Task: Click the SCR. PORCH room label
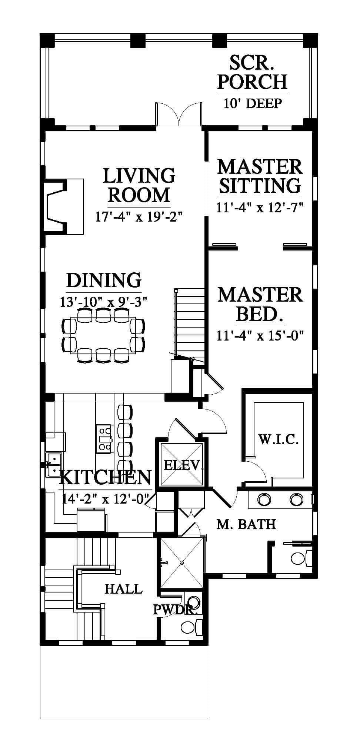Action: [x=252, y=72]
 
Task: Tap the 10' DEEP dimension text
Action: [x=253, y=103]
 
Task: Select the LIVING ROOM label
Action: [x=139, y=185]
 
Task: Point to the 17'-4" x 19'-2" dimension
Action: [x=140, y=216]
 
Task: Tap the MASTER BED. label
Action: [x=260, y=304]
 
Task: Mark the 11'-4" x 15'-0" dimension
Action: [x=260, y=336]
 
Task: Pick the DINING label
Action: [x=104, y=280]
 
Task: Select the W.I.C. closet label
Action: [x=279, y=440]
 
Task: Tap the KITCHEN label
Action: [x=106, y=477]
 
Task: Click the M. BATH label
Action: [x=246, y=524]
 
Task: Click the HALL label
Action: [x=123, y=588]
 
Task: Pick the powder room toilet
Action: [x=191, y=626]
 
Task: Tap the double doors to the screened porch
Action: [x=179, y=114]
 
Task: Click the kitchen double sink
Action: [x=54, y=465]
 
